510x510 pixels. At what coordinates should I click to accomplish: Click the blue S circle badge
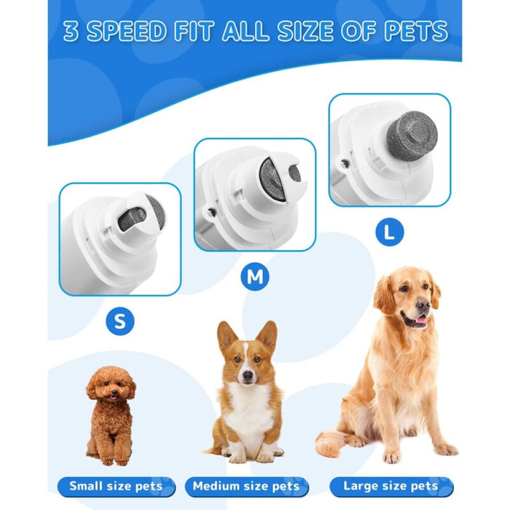pyautogui.click(x=119, y=321)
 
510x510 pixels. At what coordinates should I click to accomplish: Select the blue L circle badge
pyautogui.click(x=389, y=232)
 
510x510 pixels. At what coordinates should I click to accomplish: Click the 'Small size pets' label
pyautogui.click(x=117, y=486)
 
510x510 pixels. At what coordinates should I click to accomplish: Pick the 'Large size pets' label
pyautogui.click(x=390, y=486)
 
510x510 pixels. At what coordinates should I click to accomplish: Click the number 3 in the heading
pyautogui.click(x=71, y=32)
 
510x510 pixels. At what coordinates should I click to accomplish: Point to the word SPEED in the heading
pyautogui.click(x=133, y=32)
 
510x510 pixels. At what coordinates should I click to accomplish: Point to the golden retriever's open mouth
pyautogui.click(x=418, y=321)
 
